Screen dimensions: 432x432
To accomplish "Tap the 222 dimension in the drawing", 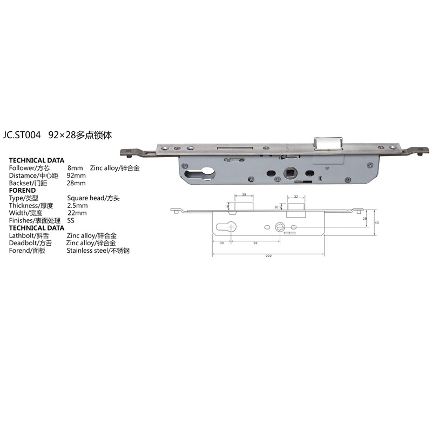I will tap(268, 255).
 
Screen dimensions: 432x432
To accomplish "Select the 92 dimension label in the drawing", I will tap(255, 243).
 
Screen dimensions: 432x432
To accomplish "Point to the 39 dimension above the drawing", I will tap(244, 194).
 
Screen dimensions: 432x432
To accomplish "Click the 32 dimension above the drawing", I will tap(296, 197).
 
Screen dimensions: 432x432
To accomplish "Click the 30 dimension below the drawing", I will tap(222, 243).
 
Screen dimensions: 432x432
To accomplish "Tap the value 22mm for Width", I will tap(77, 213).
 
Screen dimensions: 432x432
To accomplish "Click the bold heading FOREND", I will tap(23, 191).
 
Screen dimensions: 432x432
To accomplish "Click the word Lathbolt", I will tap(21, 236).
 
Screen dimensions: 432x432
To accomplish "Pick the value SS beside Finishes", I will tap(71, 221).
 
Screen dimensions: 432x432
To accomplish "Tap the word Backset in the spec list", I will tap(20, 183).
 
